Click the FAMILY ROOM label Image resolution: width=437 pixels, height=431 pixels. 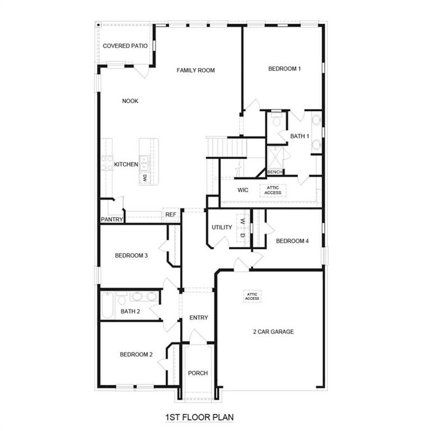(x=196, y=71)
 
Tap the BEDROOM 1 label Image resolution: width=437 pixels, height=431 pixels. (x=285, y=69)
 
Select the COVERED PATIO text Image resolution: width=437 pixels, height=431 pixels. (x=125, y=46)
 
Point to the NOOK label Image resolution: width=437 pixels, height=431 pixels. (x=130, y=101)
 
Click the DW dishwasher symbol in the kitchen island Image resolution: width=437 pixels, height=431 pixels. (x=145, y=177)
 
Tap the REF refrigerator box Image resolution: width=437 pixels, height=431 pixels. (x=170, y=215)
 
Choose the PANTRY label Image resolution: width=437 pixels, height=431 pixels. (x=112, y=219)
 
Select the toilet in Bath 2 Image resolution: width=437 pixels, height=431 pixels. (x=122, y=299)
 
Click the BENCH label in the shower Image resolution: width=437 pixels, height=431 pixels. (x=275, y=172)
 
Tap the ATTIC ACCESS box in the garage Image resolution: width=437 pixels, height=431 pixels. (x=252, y=296)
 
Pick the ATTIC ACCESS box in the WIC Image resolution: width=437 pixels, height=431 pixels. (x=273, y=190)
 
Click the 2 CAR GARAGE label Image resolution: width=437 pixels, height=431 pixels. (x=273, y=332)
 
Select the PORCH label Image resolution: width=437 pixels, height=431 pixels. (x=198, y=373)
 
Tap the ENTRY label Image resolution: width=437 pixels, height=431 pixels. (x=199, y=318)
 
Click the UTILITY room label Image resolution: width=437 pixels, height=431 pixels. (x=221, y=227)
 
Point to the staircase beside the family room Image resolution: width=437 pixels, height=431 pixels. (x=227, y=146)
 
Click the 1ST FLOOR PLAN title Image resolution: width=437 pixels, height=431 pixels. (x=199, y=418)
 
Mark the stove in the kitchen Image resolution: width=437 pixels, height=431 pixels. (x=107, y=163)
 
